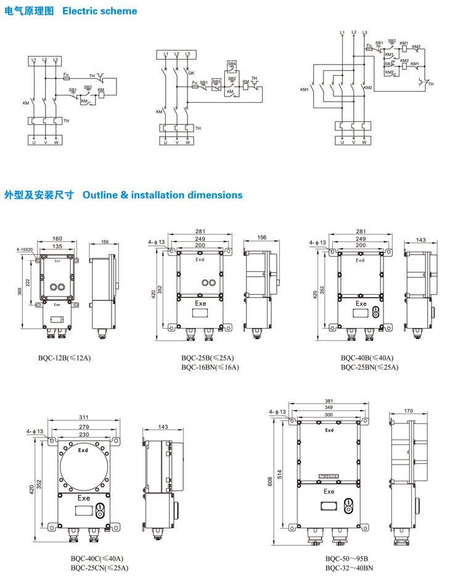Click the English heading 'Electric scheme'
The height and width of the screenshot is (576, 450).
(x=100, y=11)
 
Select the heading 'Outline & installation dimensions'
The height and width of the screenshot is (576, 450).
(x=162, y=195)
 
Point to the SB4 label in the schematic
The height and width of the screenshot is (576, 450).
(x=231, y=63)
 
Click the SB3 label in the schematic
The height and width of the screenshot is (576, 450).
(x=216, y=81)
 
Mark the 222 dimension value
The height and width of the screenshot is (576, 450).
(x=28, y=281)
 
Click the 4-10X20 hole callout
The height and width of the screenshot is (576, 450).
(x=25, y=250)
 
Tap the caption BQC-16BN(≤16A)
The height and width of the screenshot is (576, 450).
(x=210, y=367)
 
